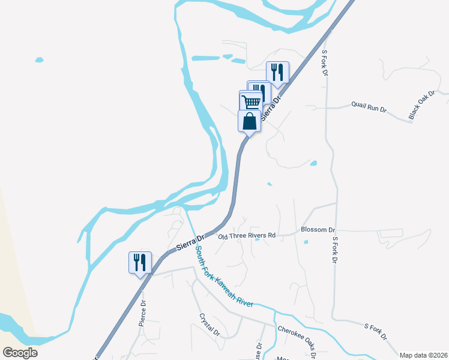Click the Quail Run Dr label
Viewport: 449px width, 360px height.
coord(369,109)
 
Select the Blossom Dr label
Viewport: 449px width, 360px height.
coord(318,230)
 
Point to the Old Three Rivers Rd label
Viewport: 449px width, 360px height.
coord(246,236)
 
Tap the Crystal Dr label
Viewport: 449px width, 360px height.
coord(209,324)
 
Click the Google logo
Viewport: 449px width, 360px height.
coord(20,352)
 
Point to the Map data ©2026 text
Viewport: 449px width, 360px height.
coord(423,355)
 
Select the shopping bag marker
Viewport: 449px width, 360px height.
coord(250,121)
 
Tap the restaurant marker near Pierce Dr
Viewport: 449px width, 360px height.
coord(140,262)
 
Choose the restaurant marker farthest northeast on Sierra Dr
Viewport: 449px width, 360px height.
coord(277,72)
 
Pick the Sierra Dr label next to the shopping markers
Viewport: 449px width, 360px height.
coord(273,106)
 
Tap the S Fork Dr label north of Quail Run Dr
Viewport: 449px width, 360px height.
coord(324,62)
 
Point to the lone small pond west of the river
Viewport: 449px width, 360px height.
coord(39,60)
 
